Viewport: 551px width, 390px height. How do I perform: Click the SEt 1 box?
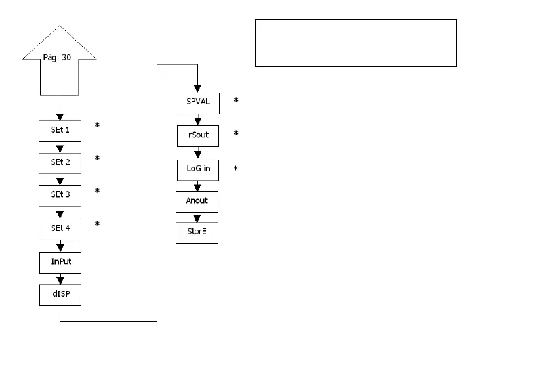[x=60, y=131]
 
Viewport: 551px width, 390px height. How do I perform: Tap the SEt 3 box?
[x=60, y=196]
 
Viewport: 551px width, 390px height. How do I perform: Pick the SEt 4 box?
[x=60, y=228]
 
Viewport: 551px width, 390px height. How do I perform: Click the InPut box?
[x=60, y=262]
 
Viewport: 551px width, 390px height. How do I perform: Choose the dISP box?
[x=60, y=295]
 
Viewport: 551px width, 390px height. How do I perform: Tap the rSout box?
[x=197, y=136]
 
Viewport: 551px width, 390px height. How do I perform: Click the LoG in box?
[x=197, y=169]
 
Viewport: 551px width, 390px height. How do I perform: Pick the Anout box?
[x=197, y=202]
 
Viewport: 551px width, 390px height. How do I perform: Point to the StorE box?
[x=197, y=233]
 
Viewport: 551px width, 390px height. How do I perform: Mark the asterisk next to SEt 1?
[x=97, y=125]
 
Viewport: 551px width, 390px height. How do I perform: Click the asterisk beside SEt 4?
[x=97, y=224]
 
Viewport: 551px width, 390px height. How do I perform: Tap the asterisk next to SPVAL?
[x=235, y=100]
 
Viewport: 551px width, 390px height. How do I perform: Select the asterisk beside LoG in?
[x=235, y=169]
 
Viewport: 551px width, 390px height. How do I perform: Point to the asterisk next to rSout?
[x=235, y=133]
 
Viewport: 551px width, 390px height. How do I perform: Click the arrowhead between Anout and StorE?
[x=197, y=218]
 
